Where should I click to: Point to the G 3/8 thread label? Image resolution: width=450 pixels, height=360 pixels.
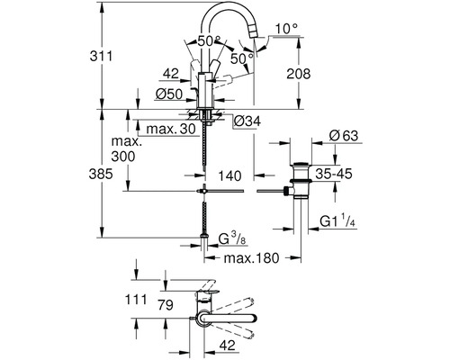(x=233, y=238)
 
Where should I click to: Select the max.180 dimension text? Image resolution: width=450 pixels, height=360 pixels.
(x=247, y=258)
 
